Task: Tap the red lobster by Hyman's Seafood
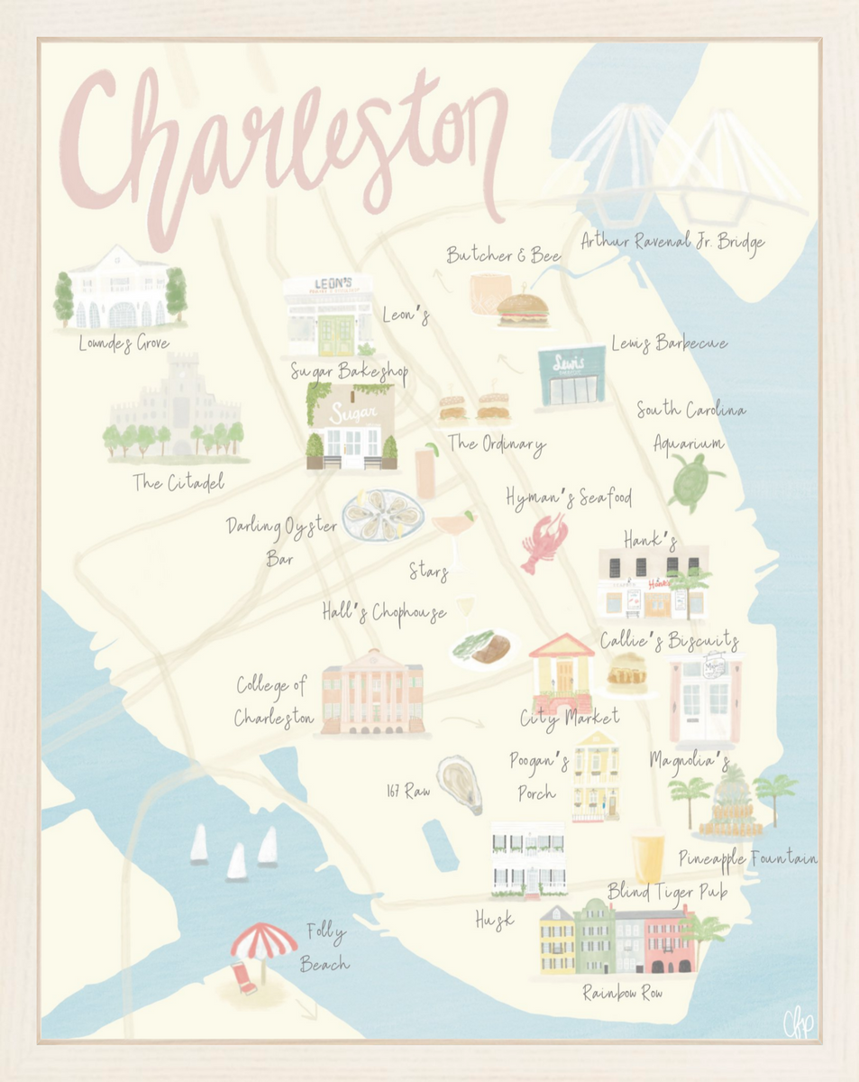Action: coord(544,542)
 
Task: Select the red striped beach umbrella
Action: coord(263,942)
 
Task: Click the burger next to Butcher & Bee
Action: coord(523,308)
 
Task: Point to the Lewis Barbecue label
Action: coord(668,344)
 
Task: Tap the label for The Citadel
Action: coord(178,482)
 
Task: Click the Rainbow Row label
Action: coord(622,993)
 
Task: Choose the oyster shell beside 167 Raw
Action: coord(460,784)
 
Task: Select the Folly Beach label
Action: coord(324,947)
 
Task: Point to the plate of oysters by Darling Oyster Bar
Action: coord(382,515)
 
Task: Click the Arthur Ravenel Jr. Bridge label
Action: coord(672,242)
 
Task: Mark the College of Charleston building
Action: coord(371,692)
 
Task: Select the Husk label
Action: coord(494,919)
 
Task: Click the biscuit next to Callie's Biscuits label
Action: coord(626,673)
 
